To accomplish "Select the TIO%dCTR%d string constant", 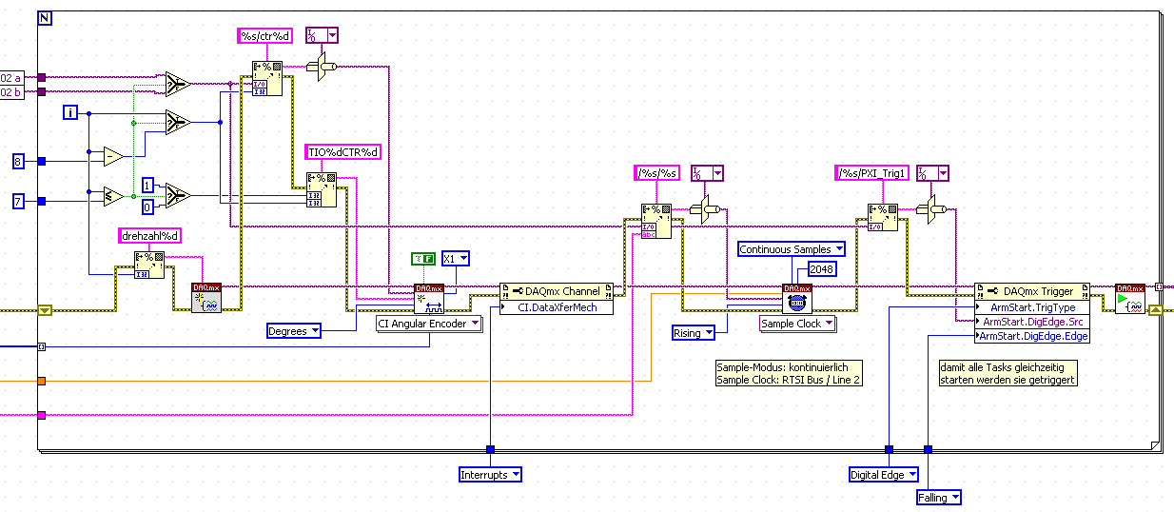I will (x=342, y=151).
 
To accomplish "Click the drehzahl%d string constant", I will (x=149, y=236).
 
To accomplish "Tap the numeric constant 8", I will (x=18, y=162).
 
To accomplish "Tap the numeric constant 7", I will (x=18, y=201).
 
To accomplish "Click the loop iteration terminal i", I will (x=69, y=113).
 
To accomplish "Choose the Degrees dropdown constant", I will (x=293, y=331).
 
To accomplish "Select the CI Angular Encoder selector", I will (x=429, y=324).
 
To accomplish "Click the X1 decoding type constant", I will (x=455, y=258).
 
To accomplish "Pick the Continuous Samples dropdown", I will (x=791, y=249).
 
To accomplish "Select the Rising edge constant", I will (x=694, y=333).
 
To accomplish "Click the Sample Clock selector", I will (x=797, y=324).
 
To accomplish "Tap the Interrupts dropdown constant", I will (x=490, y=474).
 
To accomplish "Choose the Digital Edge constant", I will (x=884, y=474).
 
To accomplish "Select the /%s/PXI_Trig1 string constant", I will (x=871, y=173).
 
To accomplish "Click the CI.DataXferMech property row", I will (x=562, y=307).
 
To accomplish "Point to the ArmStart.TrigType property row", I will (x=1032, y=307).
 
